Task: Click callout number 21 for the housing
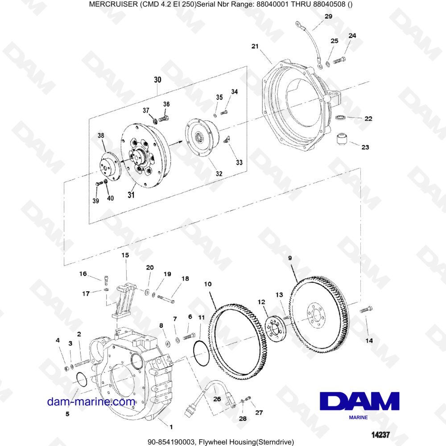click(255, 46)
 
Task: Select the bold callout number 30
click(158, 80)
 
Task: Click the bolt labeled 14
click(365, 309)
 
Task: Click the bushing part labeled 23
click(341, 139)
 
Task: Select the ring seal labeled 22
click(341, 117)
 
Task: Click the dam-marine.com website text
click(91, 401)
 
